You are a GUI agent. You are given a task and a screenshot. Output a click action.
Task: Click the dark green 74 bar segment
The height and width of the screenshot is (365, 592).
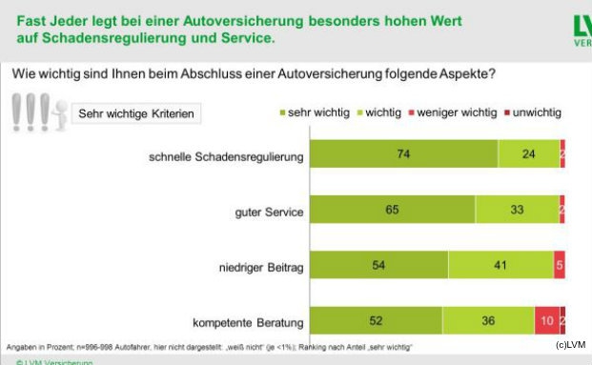[404, 152]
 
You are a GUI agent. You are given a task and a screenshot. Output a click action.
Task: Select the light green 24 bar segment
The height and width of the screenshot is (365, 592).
[528, 152]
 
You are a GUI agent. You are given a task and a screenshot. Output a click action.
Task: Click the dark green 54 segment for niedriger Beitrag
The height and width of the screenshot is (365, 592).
[378, 264]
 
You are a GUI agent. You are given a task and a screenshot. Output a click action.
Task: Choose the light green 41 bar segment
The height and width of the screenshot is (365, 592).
[500, 264]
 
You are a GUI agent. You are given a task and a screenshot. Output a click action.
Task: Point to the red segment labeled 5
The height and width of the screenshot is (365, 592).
[560, 264]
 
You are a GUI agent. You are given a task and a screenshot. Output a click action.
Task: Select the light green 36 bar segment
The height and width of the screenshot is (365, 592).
[488, 321]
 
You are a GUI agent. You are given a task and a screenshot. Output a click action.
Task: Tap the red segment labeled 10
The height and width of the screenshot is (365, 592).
[546, 321]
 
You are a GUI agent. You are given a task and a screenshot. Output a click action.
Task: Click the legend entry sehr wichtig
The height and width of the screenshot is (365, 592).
[316, 112]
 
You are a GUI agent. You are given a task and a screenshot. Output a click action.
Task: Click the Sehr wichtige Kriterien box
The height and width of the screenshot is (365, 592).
[137, 113]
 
